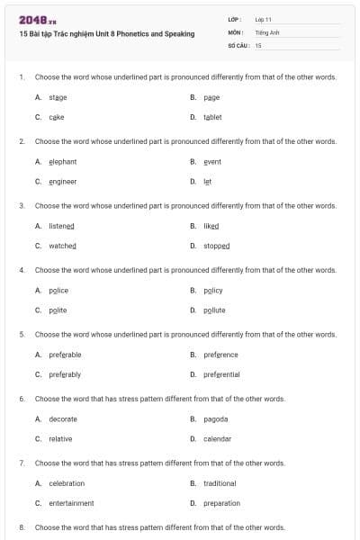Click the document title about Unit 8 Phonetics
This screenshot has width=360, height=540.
pos(106,33)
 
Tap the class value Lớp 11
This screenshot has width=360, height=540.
pos(263,19)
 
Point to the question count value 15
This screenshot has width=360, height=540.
pos(258,44)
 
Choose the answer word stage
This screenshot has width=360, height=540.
pos(58,97)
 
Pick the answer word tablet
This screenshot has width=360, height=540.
pos(212,117)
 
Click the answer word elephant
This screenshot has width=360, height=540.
pos(62,162)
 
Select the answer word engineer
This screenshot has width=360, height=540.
pos(62,181)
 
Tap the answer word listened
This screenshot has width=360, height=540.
pos(61,226)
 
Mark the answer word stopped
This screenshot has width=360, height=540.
pos(217,246)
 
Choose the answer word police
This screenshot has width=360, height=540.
pos(58,291)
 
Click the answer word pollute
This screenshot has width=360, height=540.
pos(214,310)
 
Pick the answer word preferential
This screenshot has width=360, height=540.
pos(221,374)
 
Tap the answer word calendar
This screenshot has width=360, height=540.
pos(217,439)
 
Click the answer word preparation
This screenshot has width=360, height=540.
pos(221,503)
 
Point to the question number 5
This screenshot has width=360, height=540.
pos(22,334)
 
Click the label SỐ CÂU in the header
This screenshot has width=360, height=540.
pos(238,44)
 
